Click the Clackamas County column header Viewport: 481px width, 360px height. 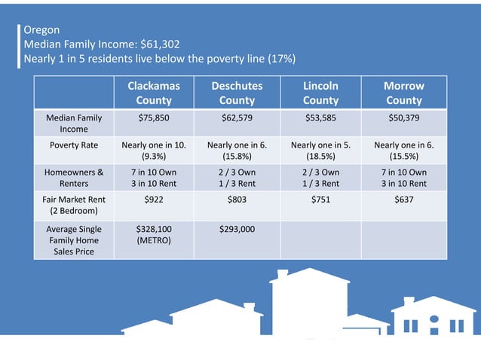point(154,93)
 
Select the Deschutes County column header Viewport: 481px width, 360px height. point(237,93)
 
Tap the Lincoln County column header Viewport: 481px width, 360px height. point(320,93)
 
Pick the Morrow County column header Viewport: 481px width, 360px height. point(404,93)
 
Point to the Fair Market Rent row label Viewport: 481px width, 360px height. point(74,206)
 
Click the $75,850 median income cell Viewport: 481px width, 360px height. point(154,118)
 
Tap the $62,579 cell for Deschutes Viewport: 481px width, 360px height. point(237,118)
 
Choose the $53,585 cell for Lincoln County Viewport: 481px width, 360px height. point(320,118)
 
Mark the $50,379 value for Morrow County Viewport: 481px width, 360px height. point(404,118)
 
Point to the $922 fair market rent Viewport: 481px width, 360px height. point(154,200)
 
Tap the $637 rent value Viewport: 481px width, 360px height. point(404,200)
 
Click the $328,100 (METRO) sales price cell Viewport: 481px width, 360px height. point(154,234)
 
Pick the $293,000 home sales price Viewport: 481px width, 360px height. point(237,228)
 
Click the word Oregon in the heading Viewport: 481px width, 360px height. point(41,30)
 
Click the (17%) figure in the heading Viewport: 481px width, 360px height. point(278,59)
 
